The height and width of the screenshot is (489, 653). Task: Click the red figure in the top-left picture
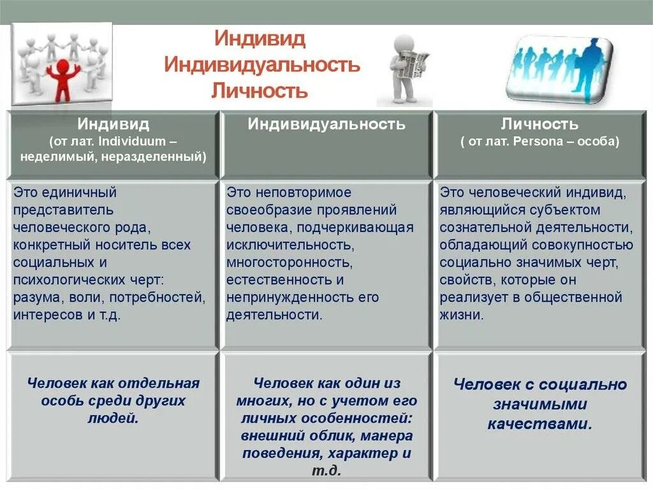pos(62,80)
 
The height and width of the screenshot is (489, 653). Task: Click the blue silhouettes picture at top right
pos(559,69)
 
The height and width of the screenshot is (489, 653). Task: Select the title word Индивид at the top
pos(261,38)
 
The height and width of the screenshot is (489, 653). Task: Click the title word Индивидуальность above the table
pos(262,64)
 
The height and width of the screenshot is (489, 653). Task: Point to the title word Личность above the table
pos(260,91)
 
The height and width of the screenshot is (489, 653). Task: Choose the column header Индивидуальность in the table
pos(326,124)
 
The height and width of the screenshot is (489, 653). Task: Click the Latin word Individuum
pos(140,141)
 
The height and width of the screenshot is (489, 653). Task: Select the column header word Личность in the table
pos(539,124)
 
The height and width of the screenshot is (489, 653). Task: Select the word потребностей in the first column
pos(166,297)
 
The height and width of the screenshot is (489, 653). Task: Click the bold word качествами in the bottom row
pos(539,424)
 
